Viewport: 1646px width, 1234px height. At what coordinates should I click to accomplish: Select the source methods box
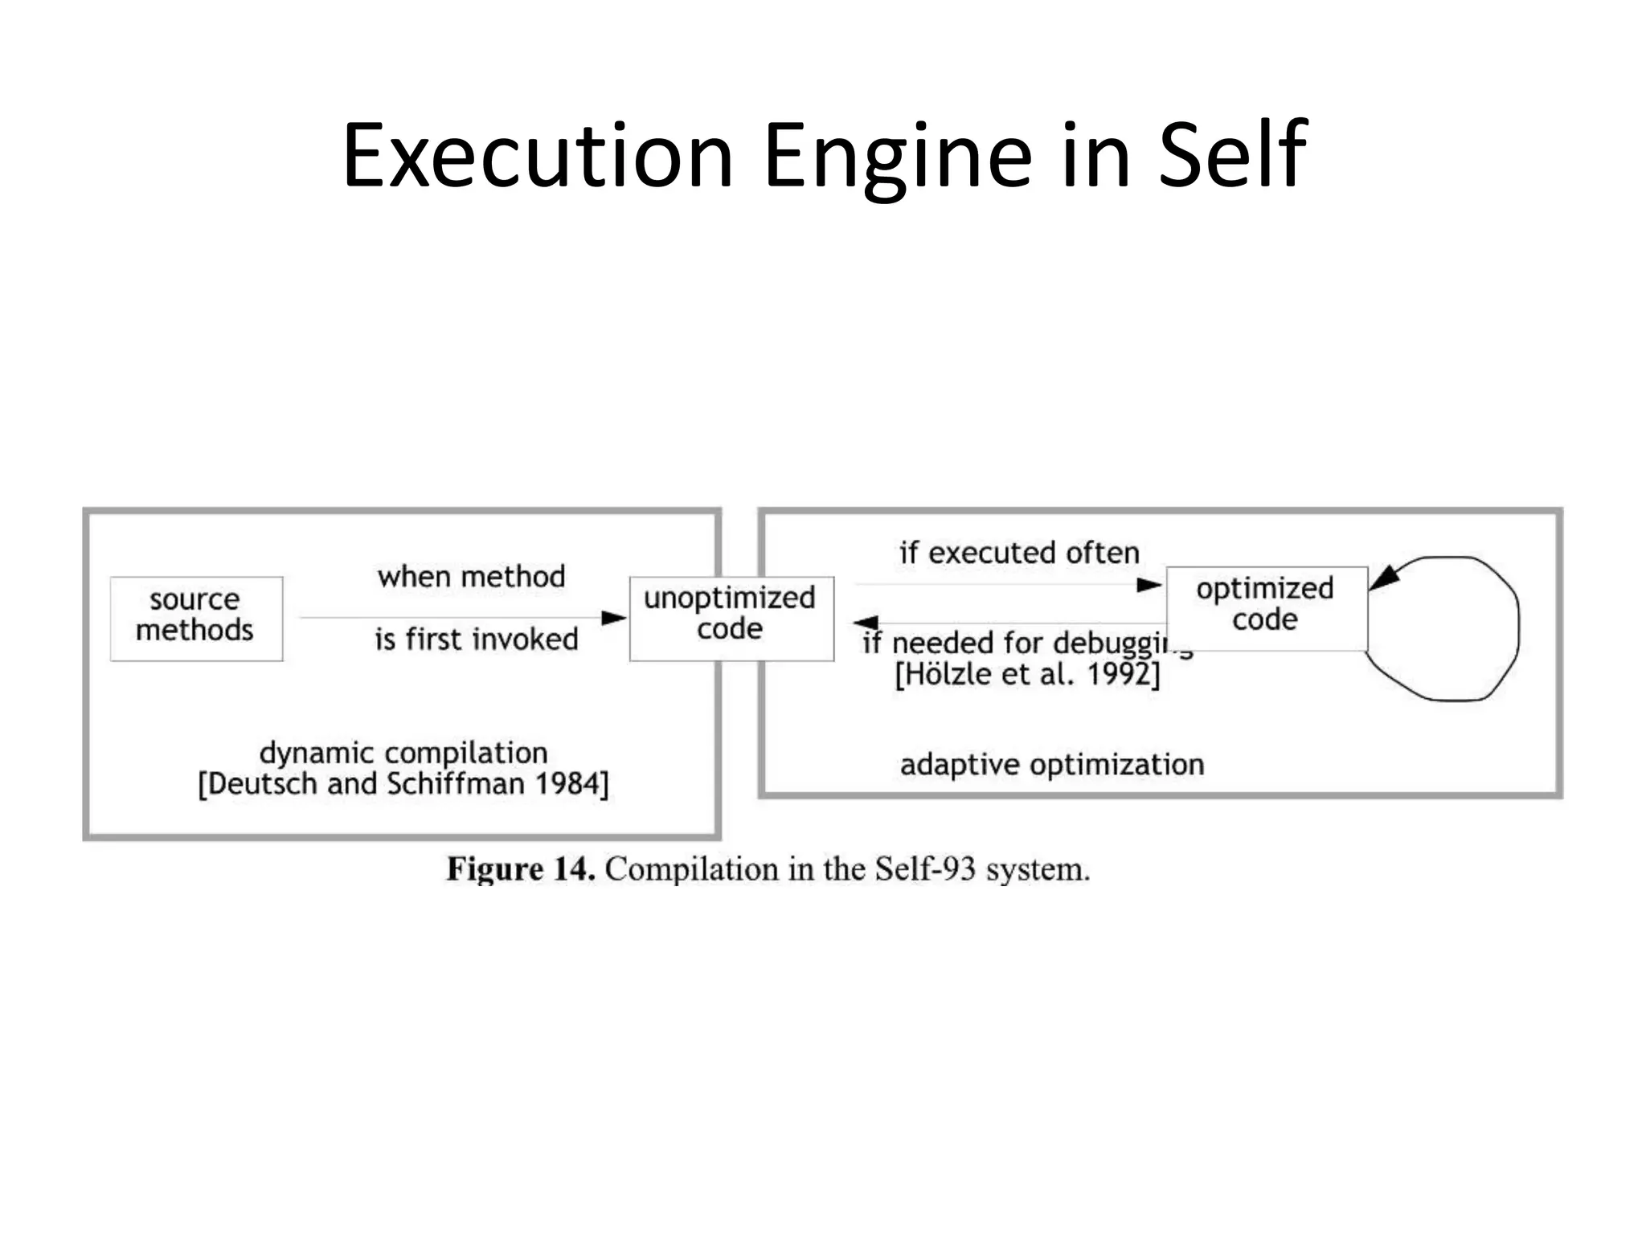pyautogui.click(x=196, y=618)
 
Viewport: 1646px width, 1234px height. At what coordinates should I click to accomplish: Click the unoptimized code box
pyautogui.click(x=731, y=618)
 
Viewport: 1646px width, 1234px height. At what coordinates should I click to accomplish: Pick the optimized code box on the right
pyautogui.click(x=1266, y=607)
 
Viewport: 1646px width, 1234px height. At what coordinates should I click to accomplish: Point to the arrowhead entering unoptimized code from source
pyautogui.click(x=615, y=617)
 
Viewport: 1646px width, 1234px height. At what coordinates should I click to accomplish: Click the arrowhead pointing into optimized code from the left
pyautogui.click(x=1149, y=585)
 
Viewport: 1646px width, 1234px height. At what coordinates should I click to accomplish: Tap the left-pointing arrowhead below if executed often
pyautogui.click(x=866, y=622)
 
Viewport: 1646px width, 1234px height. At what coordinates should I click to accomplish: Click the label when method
pyautogui.click(x=472, y=576)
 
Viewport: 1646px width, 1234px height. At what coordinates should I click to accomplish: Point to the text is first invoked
pyautogui.click(x=477, y=639)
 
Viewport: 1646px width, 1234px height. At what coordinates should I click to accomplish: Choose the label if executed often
pyautogui.click(x=1019, y=553)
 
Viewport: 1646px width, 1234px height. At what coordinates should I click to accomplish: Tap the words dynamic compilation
pyautogui.click(x=403, y=753)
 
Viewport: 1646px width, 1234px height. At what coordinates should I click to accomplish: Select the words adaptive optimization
pyautogui.click(x=1051, y=764)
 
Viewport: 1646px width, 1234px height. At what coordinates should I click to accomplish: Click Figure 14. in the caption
pyautogui.click(x=521, y=869)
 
